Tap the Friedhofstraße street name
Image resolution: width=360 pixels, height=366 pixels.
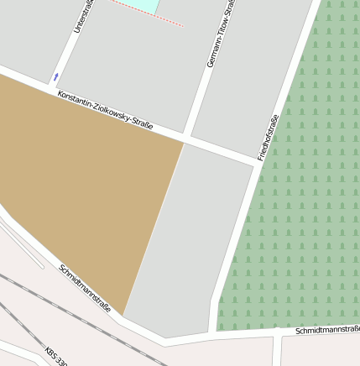coord(268,137)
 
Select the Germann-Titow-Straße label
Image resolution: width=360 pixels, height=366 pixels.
coord(219,35)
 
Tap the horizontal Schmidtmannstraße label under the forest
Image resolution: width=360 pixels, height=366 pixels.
coord(327,331)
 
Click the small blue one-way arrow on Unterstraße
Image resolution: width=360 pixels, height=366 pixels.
coord(56,76)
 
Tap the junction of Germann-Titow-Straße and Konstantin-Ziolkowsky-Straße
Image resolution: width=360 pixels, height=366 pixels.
coord(188,138)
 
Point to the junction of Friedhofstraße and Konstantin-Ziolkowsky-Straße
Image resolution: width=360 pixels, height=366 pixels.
coord(256,161)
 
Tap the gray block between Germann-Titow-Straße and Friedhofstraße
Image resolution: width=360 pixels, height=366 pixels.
coord(252,76)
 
